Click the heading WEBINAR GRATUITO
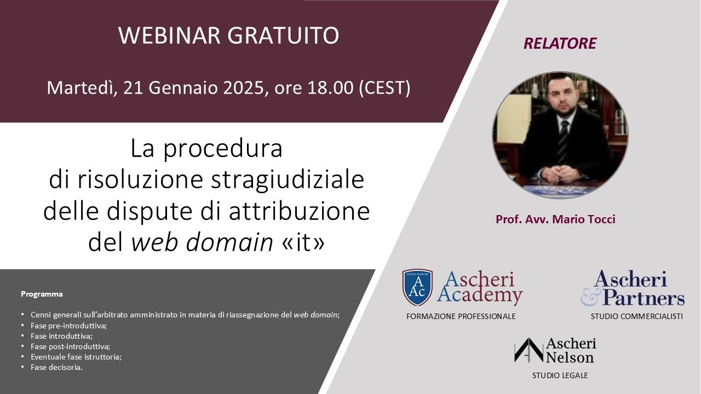(228, 36)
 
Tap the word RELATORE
(560, 44)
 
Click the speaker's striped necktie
(563, 142)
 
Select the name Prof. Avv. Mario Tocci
(555, 219)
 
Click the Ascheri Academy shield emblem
(417, 287)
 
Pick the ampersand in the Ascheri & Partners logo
(590, 296)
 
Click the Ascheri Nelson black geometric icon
(528, 350)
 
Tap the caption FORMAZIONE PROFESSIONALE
(461, 316)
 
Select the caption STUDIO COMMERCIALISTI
(636, 316)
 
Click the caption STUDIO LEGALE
(560, 375)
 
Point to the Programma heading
(42, 294)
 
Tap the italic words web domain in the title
(202, 242)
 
